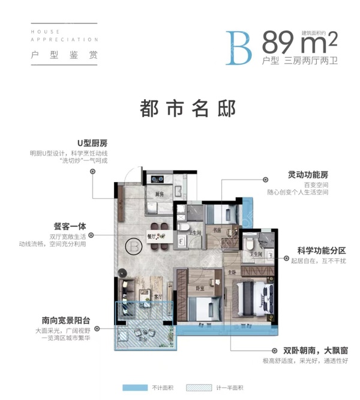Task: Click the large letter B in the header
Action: [239, 47]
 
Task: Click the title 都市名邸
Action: [179, 108]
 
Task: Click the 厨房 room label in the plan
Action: [160, 195]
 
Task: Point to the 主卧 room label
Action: [231, 271]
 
